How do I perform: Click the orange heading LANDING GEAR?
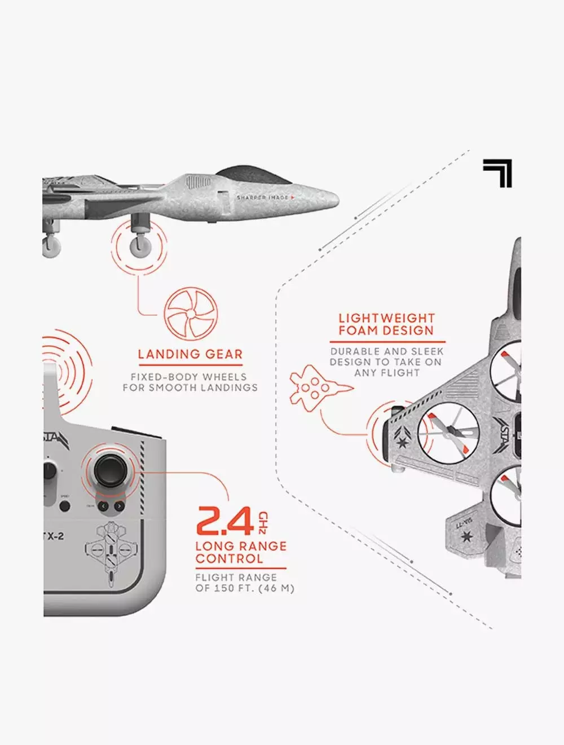point(190,354)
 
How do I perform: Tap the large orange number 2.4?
point(225,521)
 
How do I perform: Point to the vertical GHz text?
point(263,522)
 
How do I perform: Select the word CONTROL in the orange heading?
point(229,559)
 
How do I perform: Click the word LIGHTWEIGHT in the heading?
point(386,318)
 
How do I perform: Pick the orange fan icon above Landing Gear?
point(191,314)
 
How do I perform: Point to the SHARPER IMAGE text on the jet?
point(263,197)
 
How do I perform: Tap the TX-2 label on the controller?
point(54,536)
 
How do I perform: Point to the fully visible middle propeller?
point(449,433)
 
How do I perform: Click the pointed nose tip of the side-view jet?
point(337,199)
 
